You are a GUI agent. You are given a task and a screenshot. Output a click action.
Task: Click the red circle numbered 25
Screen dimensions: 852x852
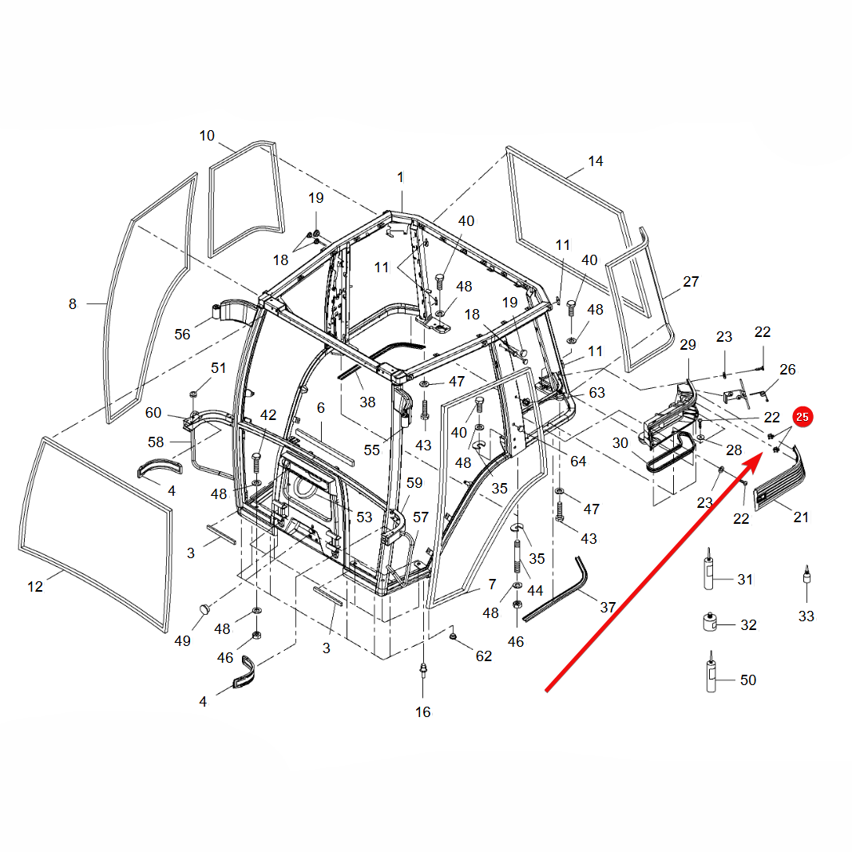tap(802, 417)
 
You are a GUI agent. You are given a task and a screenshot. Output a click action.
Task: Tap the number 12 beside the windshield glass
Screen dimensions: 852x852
tap(35, 587)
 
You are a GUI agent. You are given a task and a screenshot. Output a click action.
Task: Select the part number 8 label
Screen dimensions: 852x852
tap(73, 303)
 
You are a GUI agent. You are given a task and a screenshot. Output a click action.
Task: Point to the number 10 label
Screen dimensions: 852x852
tap(207, 136)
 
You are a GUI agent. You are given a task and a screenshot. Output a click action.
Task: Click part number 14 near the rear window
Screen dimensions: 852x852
tap(596, 161)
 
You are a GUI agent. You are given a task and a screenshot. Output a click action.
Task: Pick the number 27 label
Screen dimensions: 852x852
tap(691, 282)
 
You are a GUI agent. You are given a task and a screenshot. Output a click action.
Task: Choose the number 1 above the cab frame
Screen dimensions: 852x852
tap(401, 177)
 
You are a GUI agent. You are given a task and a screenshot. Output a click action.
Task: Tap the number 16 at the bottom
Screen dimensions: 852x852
tap(422, 711)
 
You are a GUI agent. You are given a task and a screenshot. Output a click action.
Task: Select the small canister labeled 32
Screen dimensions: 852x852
tap(709, 622)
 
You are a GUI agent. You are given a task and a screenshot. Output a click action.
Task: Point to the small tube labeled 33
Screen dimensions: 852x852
tap(807, 576)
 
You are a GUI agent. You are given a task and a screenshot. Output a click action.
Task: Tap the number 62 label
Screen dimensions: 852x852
tap(484, 656)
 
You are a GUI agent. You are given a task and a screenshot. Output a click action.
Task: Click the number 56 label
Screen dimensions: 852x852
tap(183, 334)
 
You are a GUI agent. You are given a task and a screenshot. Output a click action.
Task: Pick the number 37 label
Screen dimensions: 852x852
tap(608, 607)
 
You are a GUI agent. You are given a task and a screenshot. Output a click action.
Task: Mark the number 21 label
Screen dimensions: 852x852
tap(801, 517)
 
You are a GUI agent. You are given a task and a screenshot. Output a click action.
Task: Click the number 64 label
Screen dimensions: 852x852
tap(578, 462)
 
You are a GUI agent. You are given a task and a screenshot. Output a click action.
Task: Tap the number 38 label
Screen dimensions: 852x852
tap(367, 402)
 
